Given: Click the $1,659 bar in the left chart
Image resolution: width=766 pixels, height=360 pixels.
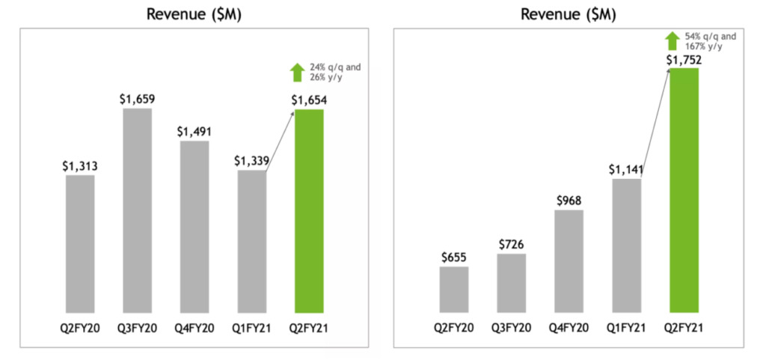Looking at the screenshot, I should point(137,210).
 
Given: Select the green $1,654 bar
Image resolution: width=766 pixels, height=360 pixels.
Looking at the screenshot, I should point(309,210).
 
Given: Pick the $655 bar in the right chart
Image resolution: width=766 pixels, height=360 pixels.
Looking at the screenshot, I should point(454,289).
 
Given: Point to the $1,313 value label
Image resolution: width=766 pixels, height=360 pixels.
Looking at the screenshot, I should point(80,166).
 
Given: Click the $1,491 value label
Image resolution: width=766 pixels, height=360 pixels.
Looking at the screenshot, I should point(194,131).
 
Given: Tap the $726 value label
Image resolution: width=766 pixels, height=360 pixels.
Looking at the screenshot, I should point(512,245).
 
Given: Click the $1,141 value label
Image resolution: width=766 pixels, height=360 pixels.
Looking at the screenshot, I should point(626,170).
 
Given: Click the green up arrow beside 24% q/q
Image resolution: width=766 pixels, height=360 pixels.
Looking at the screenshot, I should point(297,73).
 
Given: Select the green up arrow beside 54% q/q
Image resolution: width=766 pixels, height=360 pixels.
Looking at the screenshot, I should point(672,40).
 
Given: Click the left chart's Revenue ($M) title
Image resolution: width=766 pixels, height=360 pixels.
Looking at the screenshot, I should point(194,14).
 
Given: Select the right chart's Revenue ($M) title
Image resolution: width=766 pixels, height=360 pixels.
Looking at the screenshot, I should point(569,14).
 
